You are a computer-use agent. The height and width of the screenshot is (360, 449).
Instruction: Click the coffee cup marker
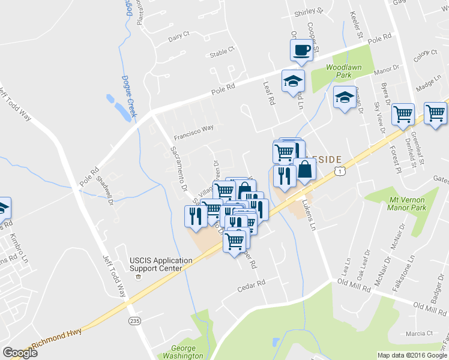[301, 50]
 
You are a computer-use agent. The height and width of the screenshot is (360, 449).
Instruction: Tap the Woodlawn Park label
[343, 72]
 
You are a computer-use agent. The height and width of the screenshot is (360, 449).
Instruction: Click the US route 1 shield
[342, 172]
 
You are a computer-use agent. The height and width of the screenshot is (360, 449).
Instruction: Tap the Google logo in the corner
[20, 353]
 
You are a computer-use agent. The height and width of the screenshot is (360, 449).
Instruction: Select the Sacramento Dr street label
[179, 169]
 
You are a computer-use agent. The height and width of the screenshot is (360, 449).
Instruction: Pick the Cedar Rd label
[251, 283]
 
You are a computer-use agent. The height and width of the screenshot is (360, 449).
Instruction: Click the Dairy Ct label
[179, 37]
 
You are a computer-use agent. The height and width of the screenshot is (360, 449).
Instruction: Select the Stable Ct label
[221, 53]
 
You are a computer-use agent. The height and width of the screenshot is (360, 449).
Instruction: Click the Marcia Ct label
[419, 334]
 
